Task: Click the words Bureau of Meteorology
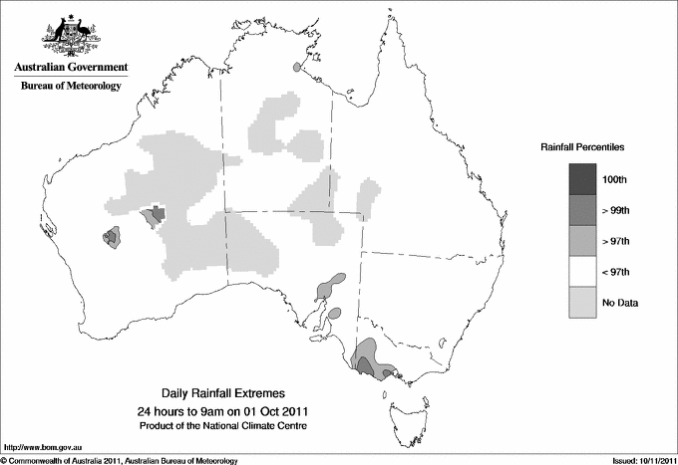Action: tap(71, 87)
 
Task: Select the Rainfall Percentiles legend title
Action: tap(582, 147)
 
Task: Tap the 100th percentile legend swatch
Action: tap(583, 179)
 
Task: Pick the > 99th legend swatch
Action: tap(583, 210)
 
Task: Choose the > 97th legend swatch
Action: tap(583, 241)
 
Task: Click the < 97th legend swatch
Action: tap(583, 272)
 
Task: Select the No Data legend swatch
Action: tap(583, 303)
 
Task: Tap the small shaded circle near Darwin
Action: tap(296, 68)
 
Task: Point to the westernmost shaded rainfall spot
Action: tap(112, 237)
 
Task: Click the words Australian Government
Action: tap(71, 68)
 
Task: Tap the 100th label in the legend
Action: tap(615, 179)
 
